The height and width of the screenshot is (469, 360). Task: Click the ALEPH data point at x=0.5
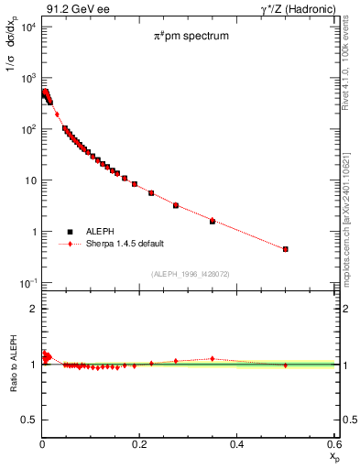coord(286,249)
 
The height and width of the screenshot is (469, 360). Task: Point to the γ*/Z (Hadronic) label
coord(294,8)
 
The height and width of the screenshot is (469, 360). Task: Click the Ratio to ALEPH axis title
coord(12,365)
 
